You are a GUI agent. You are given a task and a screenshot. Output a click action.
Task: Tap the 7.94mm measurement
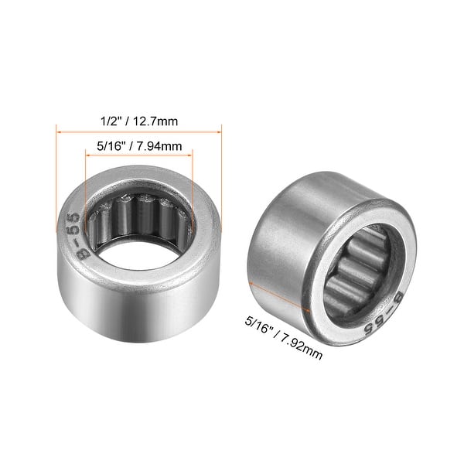tap(162, 145)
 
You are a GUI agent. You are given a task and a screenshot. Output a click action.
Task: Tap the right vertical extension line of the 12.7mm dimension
tap(222, 178)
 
